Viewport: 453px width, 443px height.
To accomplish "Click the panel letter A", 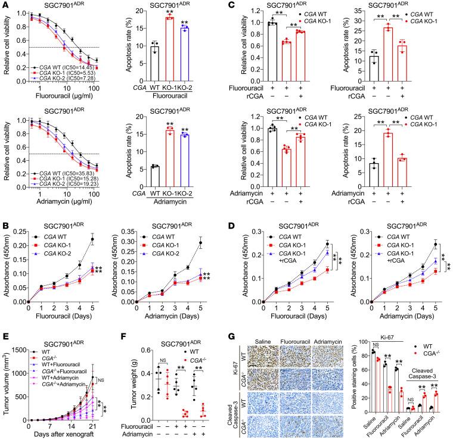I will pyautogui.click(x=5, y=5).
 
